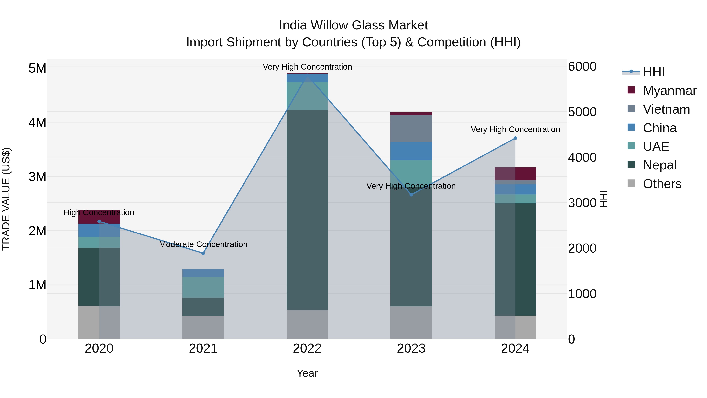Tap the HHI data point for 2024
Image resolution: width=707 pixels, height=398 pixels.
tap(515, 138)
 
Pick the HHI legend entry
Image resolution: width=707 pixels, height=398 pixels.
tap(653, 72)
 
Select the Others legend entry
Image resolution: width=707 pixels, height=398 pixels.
tap(662, 184)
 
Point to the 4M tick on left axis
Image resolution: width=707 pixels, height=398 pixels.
tap(37, 122)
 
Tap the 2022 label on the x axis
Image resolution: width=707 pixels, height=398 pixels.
tap(307, 348)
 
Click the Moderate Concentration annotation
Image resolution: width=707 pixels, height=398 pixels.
tap(203, 244)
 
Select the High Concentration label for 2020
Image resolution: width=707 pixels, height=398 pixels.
tap(99, 212)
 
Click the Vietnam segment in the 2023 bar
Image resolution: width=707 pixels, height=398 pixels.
tap(411, 129)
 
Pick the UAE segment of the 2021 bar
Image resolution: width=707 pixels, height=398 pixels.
tap(203, 287)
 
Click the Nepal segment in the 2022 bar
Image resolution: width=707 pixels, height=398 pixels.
tap(307, 210)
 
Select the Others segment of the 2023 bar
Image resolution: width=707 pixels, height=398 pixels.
tap(411, 323)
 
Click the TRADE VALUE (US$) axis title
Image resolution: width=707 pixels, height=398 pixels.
tap(6, 199)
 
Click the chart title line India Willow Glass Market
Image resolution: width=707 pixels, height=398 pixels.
tap(353, 25)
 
